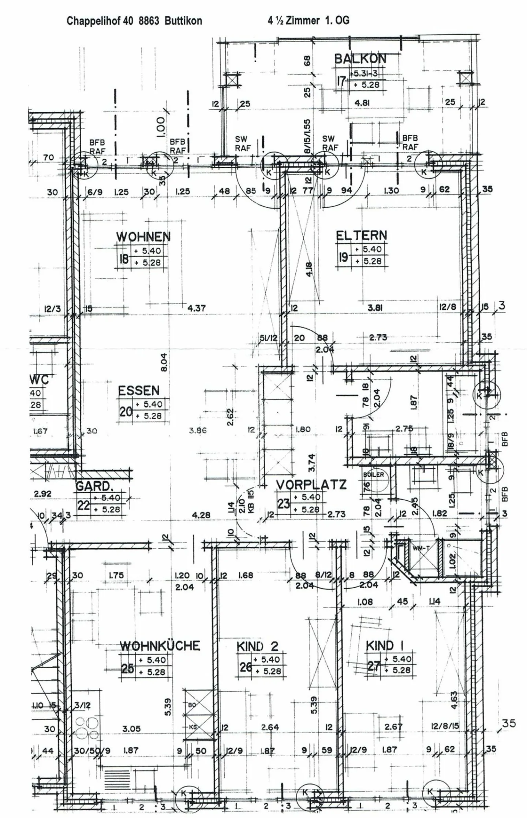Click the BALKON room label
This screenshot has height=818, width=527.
(x=360, y=59)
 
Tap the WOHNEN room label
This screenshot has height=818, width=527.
(x=143, y=236)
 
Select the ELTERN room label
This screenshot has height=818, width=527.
(x=361, y=235)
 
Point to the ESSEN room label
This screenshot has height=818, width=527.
(x=139, y=391)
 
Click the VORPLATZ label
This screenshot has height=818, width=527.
(x=311, y=485)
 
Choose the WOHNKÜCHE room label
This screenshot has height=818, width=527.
(x=160, y=646)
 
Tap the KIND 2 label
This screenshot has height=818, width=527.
(x=257, y=646)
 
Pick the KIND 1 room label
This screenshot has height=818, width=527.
(x=385, y=646)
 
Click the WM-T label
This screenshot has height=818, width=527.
(x=419, y=548)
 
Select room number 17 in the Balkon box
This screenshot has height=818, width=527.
(x=341, y=81)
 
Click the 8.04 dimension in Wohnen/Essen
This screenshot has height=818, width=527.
(x=164, y=362)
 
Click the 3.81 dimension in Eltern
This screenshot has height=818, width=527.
(x=375, y=308)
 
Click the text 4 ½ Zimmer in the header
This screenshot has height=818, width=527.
(x=294, y=20)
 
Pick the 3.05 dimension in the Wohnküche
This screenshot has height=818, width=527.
(x=131, y=729)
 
